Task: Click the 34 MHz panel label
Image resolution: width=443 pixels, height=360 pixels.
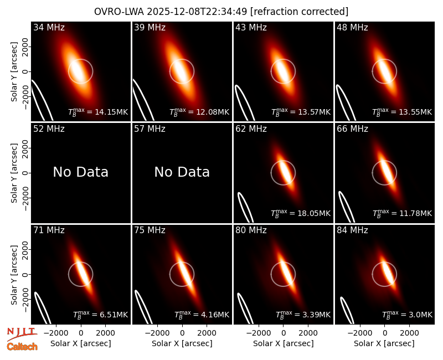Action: coord(49,27)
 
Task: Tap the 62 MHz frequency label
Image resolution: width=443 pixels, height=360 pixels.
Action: coord(251,129)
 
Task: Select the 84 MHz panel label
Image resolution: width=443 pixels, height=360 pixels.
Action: coord(352,230)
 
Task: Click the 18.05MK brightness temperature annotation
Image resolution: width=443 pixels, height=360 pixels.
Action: coord(301,213)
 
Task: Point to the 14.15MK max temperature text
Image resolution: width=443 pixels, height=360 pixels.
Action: coord(98,112)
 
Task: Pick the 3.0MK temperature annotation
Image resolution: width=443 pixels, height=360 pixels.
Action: coord(407,315)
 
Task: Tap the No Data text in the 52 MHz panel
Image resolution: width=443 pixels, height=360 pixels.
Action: coord(81,172)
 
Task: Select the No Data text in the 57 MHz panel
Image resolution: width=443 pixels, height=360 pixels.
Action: coord(182,172)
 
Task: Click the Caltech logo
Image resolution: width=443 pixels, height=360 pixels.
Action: coord(22,347)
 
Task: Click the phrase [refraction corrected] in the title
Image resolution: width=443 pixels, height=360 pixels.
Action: coord(300,12)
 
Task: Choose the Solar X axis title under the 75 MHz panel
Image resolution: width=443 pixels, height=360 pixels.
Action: coord(182,343)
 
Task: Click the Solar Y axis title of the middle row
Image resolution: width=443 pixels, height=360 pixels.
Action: coord(14,173)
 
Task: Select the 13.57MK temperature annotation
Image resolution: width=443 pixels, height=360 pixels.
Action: coord(301,112)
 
